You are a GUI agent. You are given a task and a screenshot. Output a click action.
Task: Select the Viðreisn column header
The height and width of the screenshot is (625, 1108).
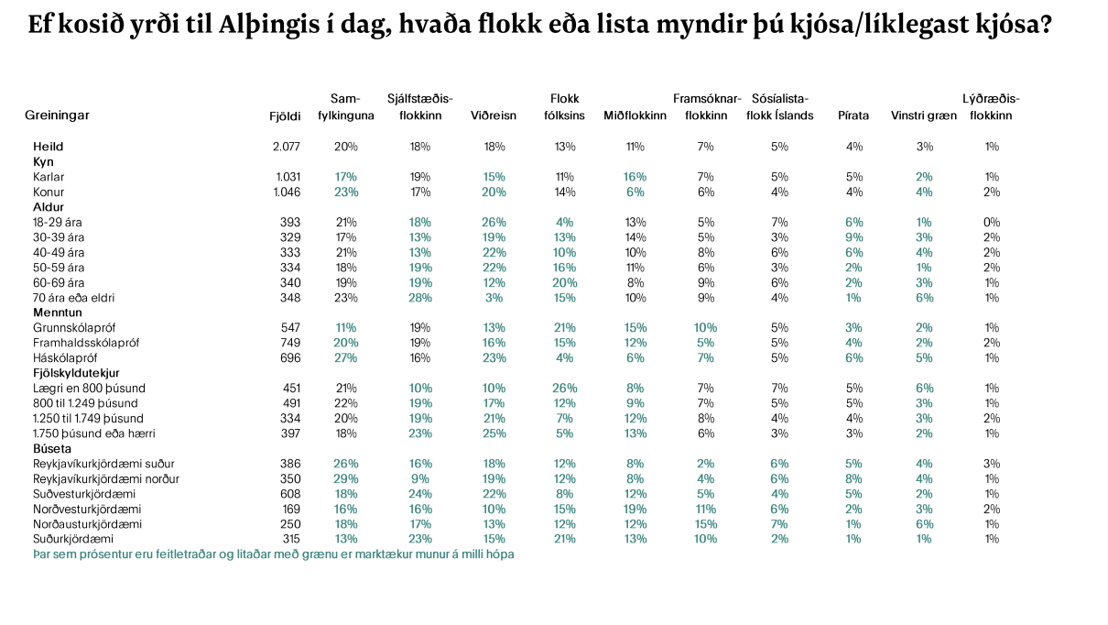click(494, 115)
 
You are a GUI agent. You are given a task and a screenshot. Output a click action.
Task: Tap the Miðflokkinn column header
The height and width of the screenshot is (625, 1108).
click(635, 115)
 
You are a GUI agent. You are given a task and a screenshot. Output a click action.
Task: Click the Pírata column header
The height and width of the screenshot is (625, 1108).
click(853, 115)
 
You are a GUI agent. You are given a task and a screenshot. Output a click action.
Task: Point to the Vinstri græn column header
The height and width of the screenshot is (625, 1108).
click(924, 115)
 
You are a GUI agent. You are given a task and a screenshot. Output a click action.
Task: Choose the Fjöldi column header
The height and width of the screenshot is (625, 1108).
click(285, 116)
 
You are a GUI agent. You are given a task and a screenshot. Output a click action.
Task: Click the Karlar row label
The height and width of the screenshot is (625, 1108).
click(49, 177)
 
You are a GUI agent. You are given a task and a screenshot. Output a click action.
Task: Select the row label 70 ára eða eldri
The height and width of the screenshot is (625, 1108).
click(73, 298)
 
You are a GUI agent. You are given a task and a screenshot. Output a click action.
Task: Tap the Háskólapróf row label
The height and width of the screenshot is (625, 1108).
click(65, 357)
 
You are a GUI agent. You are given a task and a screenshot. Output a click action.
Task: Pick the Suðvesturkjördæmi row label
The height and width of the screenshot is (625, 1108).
click(84, 494)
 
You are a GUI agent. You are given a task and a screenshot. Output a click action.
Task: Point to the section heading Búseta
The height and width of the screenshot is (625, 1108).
click(52, 448)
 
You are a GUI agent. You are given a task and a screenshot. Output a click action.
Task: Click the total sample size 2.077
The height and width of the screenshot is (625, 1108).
click(287, 147)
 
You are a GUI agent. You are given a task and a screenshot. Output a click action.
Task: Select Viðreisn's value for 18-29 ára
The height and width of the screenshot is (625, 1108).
click(494, 222)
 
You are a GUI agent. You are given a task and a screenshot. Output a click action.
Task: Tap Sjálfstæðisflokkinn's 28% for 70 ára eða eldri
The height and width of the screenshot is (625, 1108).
click(420, 298)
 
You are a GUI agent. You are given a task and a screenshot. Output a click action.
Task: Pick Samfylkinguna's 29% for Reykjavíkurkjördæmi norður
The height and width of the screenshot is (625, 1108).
click(346, 478)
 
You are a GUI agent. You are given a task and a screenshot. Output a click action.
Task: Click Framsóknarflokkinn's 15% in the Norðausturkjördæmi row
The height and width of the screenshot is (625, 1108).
click(705, 524)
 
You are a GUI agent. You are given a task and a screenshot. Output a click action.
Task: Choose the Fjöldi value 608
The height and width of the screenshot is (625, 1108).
click(290, 494)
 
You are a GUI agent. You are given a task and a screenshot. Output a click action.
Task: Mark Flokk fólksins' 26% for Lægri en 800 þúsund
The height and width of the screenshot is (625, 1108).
click(564, 388)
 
